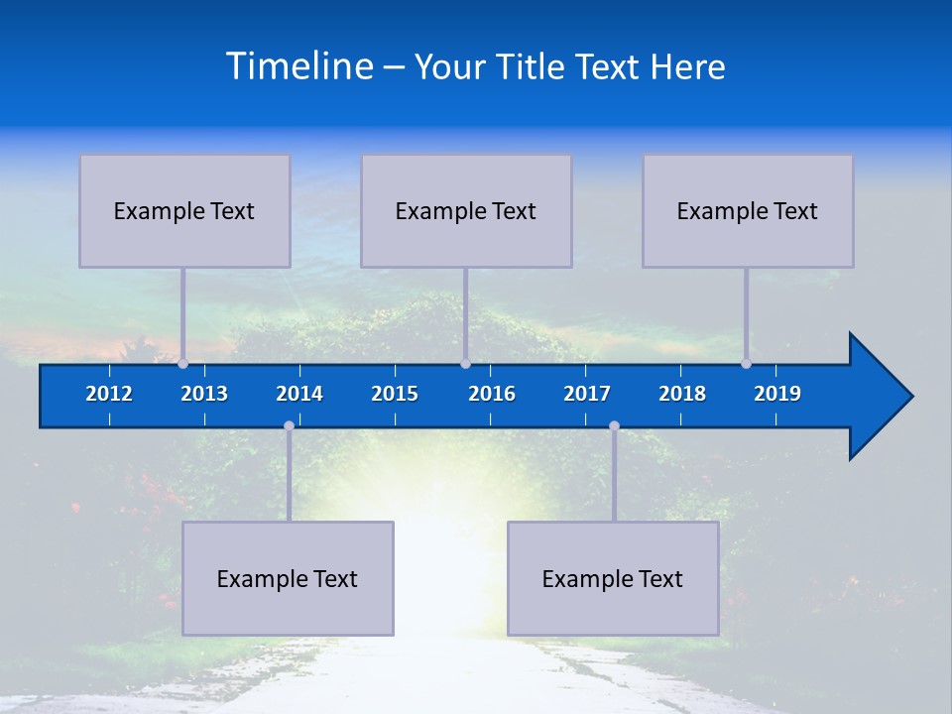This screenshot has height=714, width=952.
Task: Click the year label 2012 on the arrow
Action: (x=109, y=394)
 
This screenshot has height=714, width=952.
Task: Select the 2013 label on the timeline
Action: (x=204, y=394)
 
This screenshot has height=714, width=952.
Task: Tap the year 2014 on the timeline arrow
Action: (x=299, y=394)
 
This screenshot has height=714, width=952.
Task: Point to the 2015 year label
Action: (x=395, y=394)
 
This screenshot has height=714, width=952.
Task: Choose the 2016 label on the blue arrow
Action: (x=492, y=394)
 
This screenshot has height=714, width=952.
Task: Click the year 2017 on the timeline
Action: (x=587, y=394)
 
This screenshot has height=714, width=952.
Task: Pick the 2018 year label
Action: (x=682, y=394)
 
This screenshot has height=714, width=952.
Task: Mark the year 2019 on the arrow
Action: (x=777, y=394)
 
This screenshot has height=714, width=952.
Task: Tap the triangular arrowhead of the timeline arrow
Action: (x=878, y=397)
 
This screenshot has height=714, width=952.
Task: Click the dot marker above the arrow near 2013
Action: (x=182, y=364)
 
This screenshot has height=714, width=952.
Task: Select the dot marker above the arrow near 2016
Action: (x=465, y=364)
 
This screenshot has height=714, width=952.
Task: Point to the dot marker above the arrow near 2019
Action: (x=746, y=364)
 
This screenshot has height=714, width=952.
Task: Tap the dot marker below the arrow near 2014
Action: (x=289, y=426)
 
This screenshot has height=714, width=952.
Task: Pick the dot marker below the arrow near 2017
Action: (x=614, y=426)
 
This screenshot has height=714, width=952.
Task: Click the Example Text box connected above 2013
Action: (x=184, y=211)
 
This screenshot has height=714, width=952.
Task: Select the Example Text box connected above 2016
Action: (x=466, y=211)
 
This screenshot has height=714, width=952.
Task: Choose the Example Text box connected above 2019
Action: (x=748, y=211)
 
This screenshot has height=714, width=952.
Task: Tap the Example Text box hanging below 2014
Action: (x=288, y=579)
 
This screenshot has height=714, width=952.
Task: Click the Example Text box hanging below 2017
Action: (x=613, y=579)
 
